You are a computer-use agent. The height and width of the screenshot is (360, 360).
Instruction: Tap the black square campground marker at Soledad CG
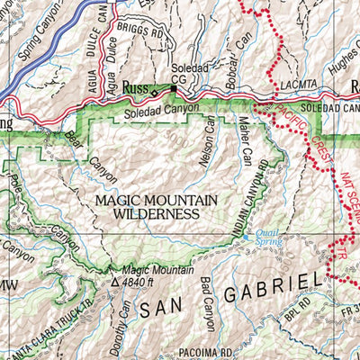(174, 89)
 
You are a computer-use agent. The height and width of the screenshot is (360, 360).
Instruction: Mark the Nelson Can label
(206, 142)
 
